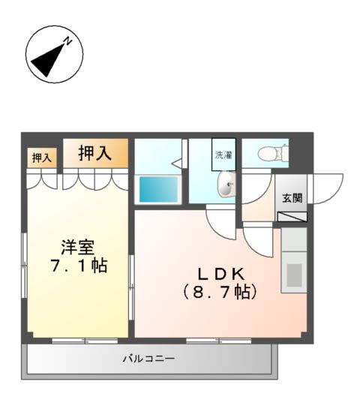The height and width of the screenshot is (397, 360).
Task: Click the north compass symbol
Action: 54,54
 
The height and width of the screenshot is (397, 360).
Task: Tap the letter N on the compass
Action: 67,42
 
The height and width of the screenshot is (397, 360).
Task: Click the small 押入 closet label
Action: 42,158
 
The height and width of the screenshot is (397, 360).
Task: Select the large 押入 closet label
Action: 95,154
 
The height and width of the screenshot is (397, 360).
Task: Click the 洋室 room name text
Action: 79,245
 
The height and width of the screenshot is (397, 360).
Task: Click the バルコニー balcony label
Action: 148,359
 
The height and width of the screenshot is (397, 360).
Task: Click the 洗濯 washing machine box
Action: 223,156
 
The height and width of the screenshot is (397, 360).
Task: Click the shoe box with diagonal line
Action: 292,217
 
